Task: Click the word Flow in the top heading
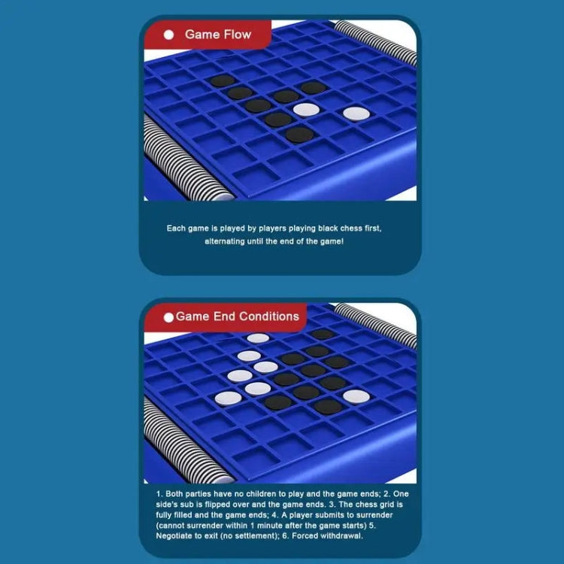click(x=238, y=35)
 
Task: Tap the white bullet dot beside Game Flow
click(x=168, y=35)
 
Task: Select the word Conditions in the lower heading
click(x=268, y=317)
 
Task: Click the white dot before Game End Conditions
click(x=168, y=317)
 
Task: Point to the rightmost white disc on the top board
click(x=356, y=114)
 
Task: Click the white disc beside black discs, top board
click(x=306, y=110)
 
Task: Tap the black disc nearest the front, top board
click(x=299, y=135)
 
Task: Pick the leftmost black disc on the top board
click(x=223, y=81)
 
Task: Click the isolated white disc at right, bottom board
click(x=356, y=397)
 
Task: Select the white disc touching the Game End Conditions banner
click(x=258, y=338)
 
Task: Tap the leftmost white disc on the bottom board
click(x=229, y=399)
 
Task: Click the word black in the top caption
click(x=328, y=229)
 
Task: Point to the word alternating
click(x=224, y=241)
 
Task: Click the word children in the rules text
click(x=258, y=494)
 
